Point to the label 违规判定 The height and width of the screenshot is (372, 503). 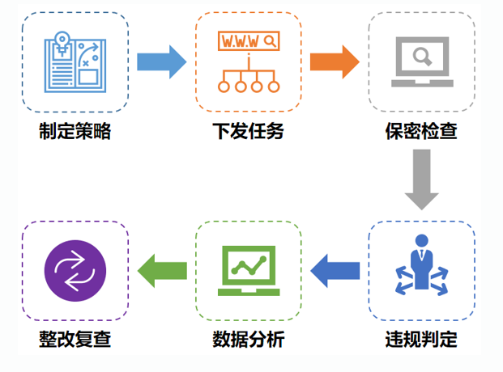pyautogui.click(x=421, y=339)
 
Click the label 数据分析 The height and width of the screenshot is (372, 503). pyautogui.click(x=248, y=339)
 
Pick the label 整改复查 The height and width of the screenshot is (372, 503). pyautogui.click(x=75, y=339)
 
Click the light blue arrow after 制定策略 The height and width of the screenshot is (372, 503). pyautogui.click(x=161, y=61)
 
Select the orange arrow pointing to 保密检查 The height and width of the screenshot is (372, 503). pyautogui.click(x=335, y=61)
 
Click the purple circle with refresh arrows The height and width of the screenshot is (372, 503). pyautogui.click(x=75, y=269)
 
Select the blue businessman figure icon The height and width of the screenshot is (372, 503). pyautogui.click(x=421, y=267)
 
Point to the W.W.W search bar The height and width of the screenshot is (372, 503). pyautogui.click(x=248, y=40)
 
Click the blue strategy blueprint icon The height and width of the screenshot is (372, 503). pyautogui.click(x=75, y=61)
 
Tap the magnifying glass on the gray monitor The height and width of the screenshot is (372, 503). pyautogui.click(x=421, y=56)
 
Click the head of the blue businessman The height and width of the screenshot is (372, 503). pyautogui.click(x=421, y=239)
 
